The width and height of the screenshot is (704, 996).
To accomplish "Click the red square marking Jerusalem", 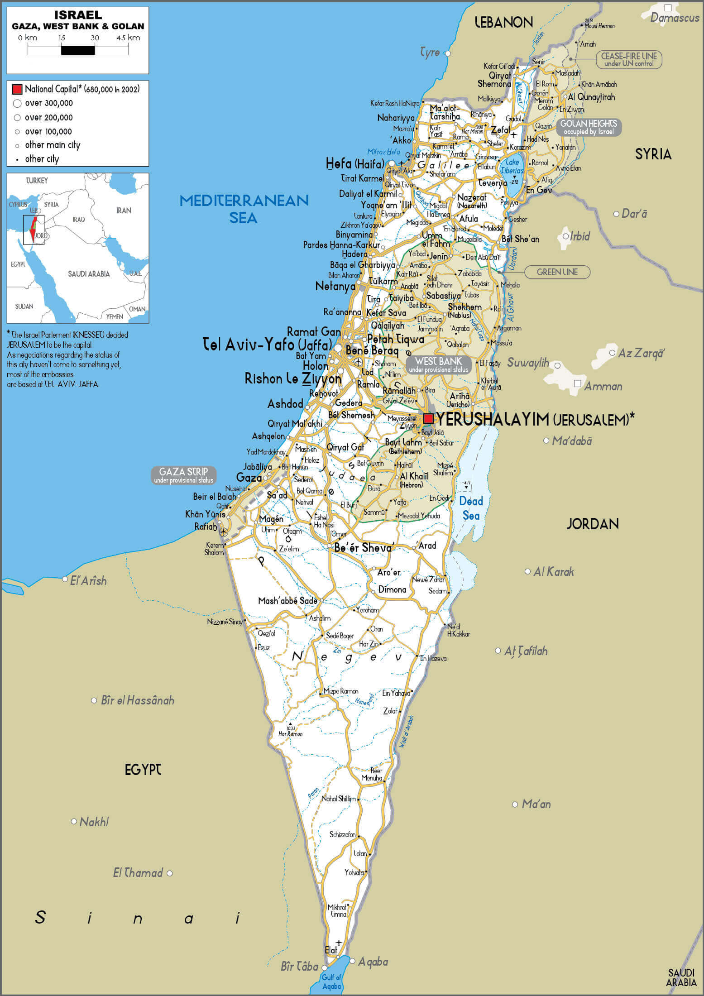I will point(428,418).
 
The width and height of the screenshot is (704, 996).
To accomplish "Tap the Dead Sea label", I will point(471,508).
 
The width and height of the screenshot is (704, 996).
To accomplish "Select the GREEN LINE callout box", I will point(557,272).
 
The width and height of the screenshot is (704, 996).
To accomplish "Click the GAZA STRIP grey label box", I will point(183,475).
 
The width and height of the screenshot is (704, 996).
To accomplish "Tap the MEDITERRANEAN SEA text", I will point(244,209).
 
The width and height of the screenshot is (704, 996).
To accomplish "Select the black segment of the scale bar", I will point(78,50).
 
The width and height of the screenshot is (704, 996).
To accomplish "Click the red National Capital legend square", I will point(17,89).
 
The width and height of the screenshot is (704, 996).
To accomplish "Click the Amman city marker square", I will point(577,383).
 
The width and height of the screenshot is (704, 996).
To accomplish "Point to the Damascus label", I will point(675,18).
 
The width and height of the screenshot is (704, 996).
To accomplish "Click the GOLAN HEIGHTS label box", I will point(589,127).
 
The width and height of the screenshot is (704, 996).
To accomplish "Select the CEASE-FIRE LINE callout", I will point(628,59).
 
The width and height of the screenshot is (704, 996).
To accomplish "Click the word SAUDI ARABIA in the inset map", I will point(89,273).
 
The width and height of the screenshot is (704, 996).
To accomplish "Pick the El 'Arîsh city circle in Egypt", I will point(65,579).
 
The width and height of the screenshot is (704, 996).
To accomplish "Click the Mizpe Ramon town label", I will point(340,691).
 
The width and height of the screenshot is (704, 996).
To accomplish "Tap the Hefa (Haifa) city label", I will point(355,163).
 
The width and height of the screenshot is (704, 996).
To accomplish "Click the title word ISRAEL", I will point(78,15).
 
